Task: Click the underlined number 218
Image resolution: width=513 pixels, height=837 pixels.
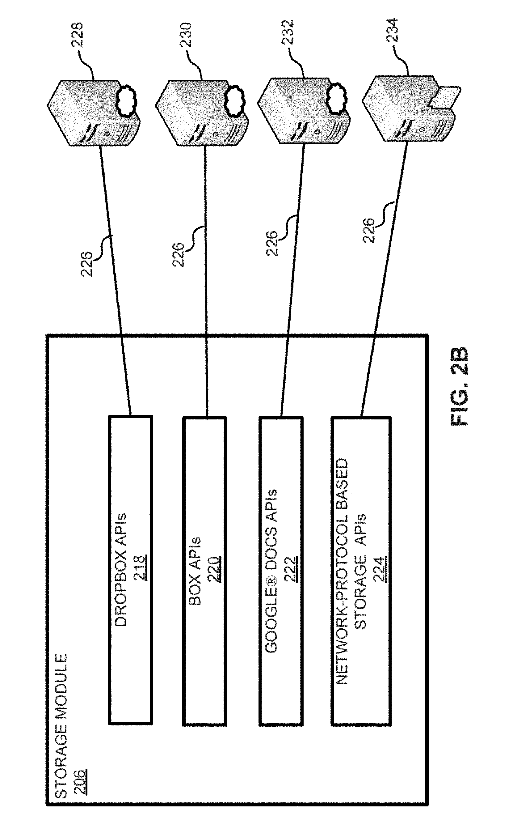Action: tap(139, 567)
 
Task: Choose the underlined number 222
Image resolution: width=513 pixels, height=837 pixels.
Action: tap(291, 569)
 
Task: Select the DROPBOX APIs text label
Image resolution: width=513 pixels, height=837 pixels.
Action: tap(121, 569)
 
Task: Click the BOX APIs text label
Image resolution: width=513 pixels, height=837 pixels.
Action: tap(195, 571)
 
